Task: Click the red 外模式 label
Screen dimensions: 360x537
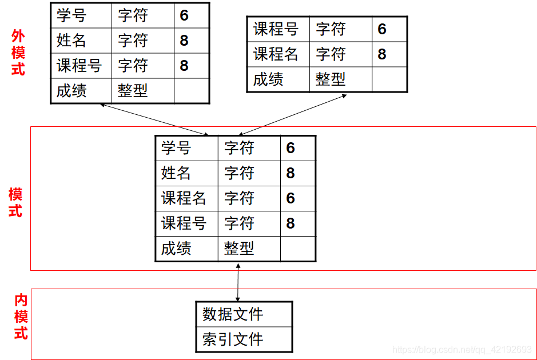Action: tap(18, 53)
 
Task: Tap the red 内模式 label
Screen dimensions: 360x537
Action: tap(21, 317)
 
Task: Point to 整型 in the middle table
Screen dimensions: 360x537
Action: tap(239, 249)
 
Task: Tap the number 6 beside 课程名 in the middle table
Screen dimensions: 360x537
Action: tap(291, 198)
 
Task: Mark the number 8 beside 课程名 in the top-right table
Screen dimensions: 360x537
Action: tap(382, 54)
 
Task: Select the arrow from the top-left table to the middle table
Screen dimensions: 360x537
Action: tap(154, 119)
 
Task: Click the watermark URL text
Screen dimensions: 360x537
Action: tap(462, 350)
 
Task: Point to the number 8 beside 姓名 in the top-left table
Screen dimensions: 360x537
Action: tap(184, 41)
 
